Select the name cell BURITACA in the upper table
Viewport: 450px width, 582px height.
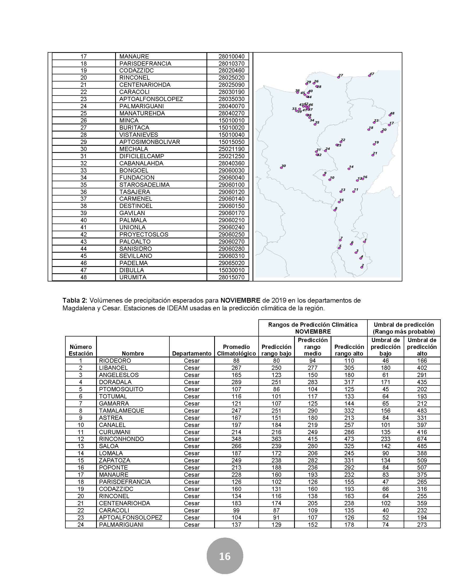point(134,128)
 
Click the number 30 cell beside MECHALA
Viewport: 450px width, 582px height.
point(83,149)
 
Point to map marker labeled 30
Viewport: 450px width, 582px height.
point(281,168)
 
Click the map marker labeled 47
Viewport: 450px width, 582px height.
point(370,76)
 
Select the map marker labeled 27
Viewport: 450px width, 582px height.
point(339,77)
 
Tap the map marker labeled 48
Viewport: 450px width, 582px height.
point(390,115)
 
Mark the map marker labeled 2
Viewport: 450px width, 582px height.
point(362,267)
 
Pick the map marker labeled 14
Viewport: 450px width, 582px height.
point(349,169)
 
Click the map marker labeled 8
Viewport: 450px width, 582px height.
point(335,210)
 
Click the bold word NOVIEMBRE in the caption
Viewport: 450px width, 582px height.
point(240,301)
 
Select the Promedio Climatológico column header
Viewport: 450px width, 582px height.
point(236,350)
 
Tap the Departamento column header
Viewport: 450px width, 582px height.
point(192,354)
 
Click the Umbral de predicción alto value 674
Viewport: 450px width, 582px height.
point(422,439)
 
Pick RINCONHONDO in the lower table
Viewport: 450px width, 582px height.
point(121,439)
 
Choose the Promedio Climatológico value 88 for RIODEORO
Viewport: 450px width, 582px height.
point(236,361)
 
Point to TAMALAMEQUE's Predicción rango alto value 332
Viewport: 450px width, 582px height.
point(349,411)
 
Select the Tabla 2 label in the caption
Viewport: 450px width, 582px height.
point(75,301)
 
